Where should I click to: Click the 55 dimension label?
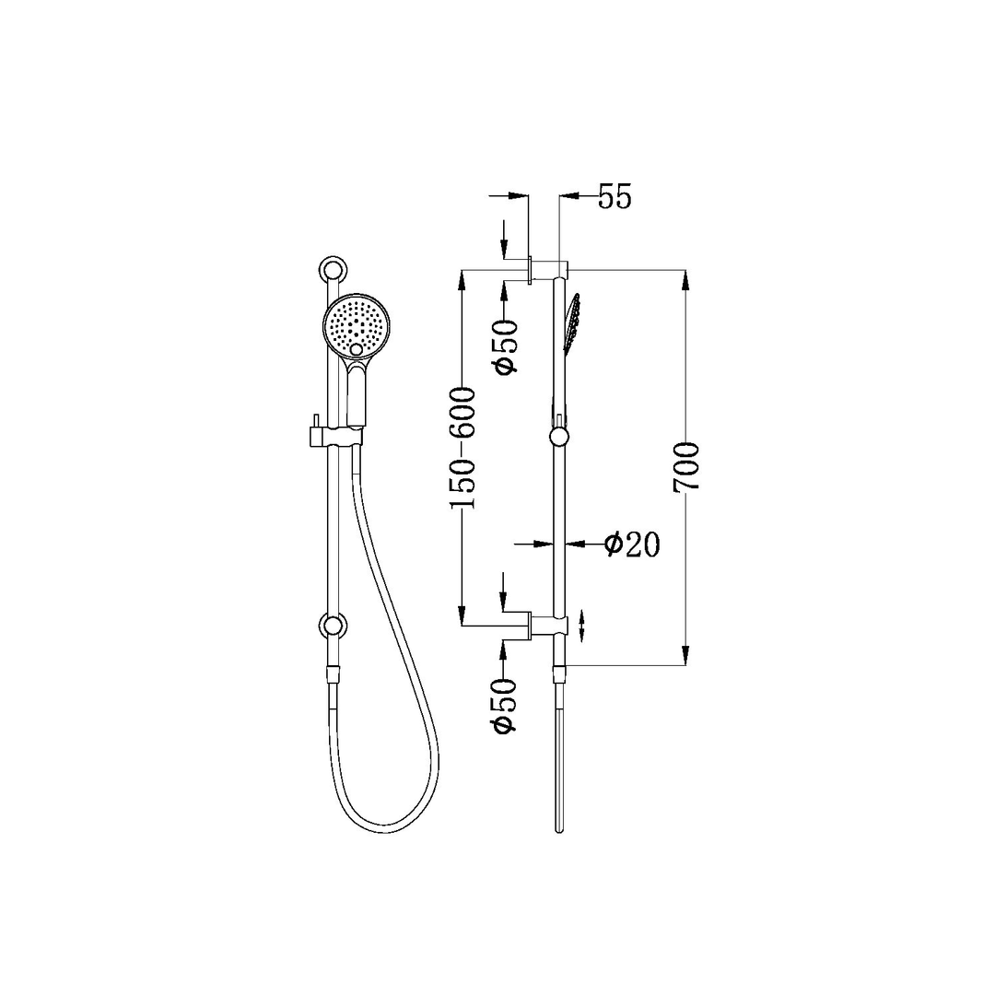(x=615, y=197)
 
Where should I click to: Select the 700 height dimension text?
(x=687, y=467)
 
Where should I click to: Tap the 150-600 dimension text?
(x=462, y=449)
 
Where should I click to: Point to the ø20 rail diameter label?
(x=632, y=544)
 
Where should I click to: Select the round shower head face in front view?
(x=357, y=326)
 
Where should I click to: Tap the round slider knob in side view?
(x=558, y=437)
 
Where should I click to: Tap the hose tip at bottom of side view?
(x=558, y=825)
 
